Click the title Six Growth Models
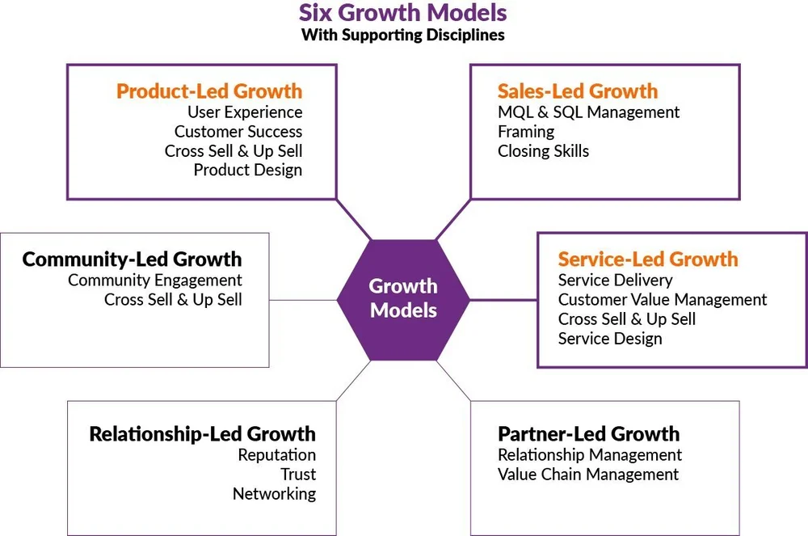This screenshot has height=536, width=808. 403,14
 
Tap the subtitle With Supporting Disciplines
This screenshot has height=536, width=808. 403,36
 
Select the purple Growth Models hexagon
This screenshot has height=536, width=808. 403,298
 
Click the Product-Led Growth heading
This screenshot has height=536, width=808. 209,91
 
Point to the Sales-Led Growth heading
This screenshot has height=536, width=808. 578,91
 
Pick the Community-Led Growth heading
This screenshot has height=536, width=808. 132,260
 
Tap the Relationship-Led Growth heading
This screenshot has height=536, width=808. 202,434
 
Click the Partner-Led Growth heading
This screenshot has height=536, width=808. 588,434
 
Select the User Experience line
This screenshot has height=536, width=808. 245,112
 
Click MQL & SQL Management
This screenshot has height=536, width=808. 588,112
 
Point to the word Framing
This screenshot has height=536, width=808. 526,132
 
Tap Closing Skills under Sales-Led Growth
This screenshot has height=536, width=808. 543,151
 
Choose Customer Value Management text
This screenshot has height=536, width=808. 663,300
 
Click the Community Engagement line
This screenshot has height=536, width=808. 155,281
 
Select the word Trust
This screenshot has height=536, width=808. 298,475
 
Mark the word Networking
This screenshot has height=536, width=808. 274,494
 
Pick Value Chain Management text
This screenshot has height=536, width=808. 588,475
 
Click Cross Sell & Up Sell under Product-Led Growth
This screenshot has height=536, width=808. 234,151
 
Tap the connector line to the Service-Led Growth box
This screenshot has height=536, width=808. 503,300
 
